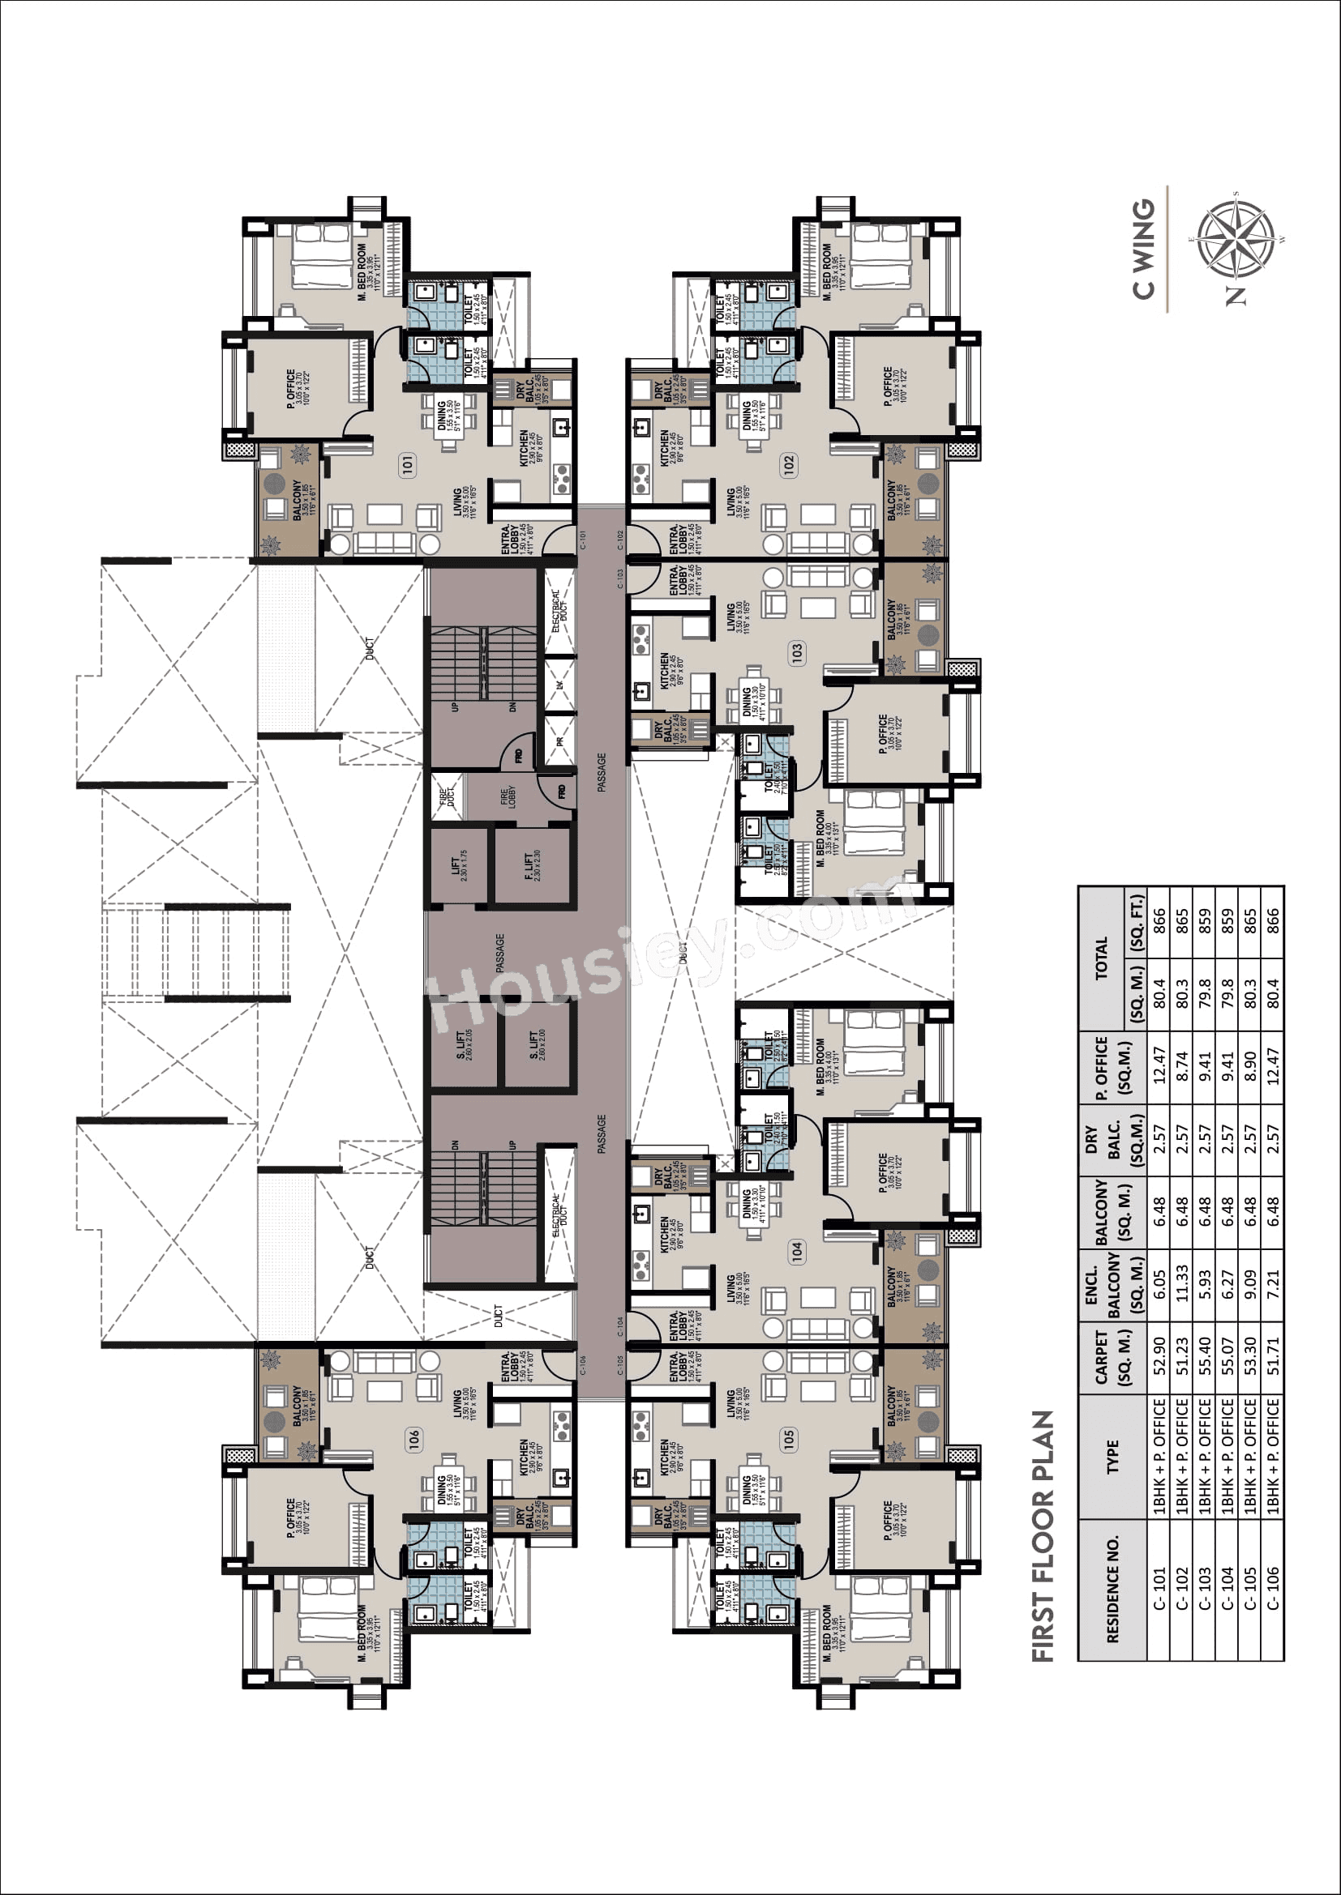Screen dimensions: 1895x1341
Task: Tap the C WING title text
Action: tap(1143, 250)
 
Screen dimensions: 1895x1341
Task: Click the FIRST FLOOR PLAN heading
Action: tap(1043, 1536)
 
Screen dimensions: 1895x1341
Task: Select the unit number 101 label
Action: tap(408, 465)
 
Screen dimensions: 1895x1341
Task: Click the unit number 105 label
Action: tap(789, 1440)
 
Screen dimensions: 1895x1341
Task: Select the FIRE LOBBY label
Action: tap(508, 798)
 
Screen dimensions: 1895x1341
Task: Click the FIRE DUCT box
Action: tap(447, 796)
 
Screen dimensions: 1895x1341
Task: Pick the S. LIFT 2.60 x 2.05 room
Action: tap(463, 1045)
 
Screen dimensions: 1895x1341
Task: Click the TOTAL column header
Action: tap(1102, 959)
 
